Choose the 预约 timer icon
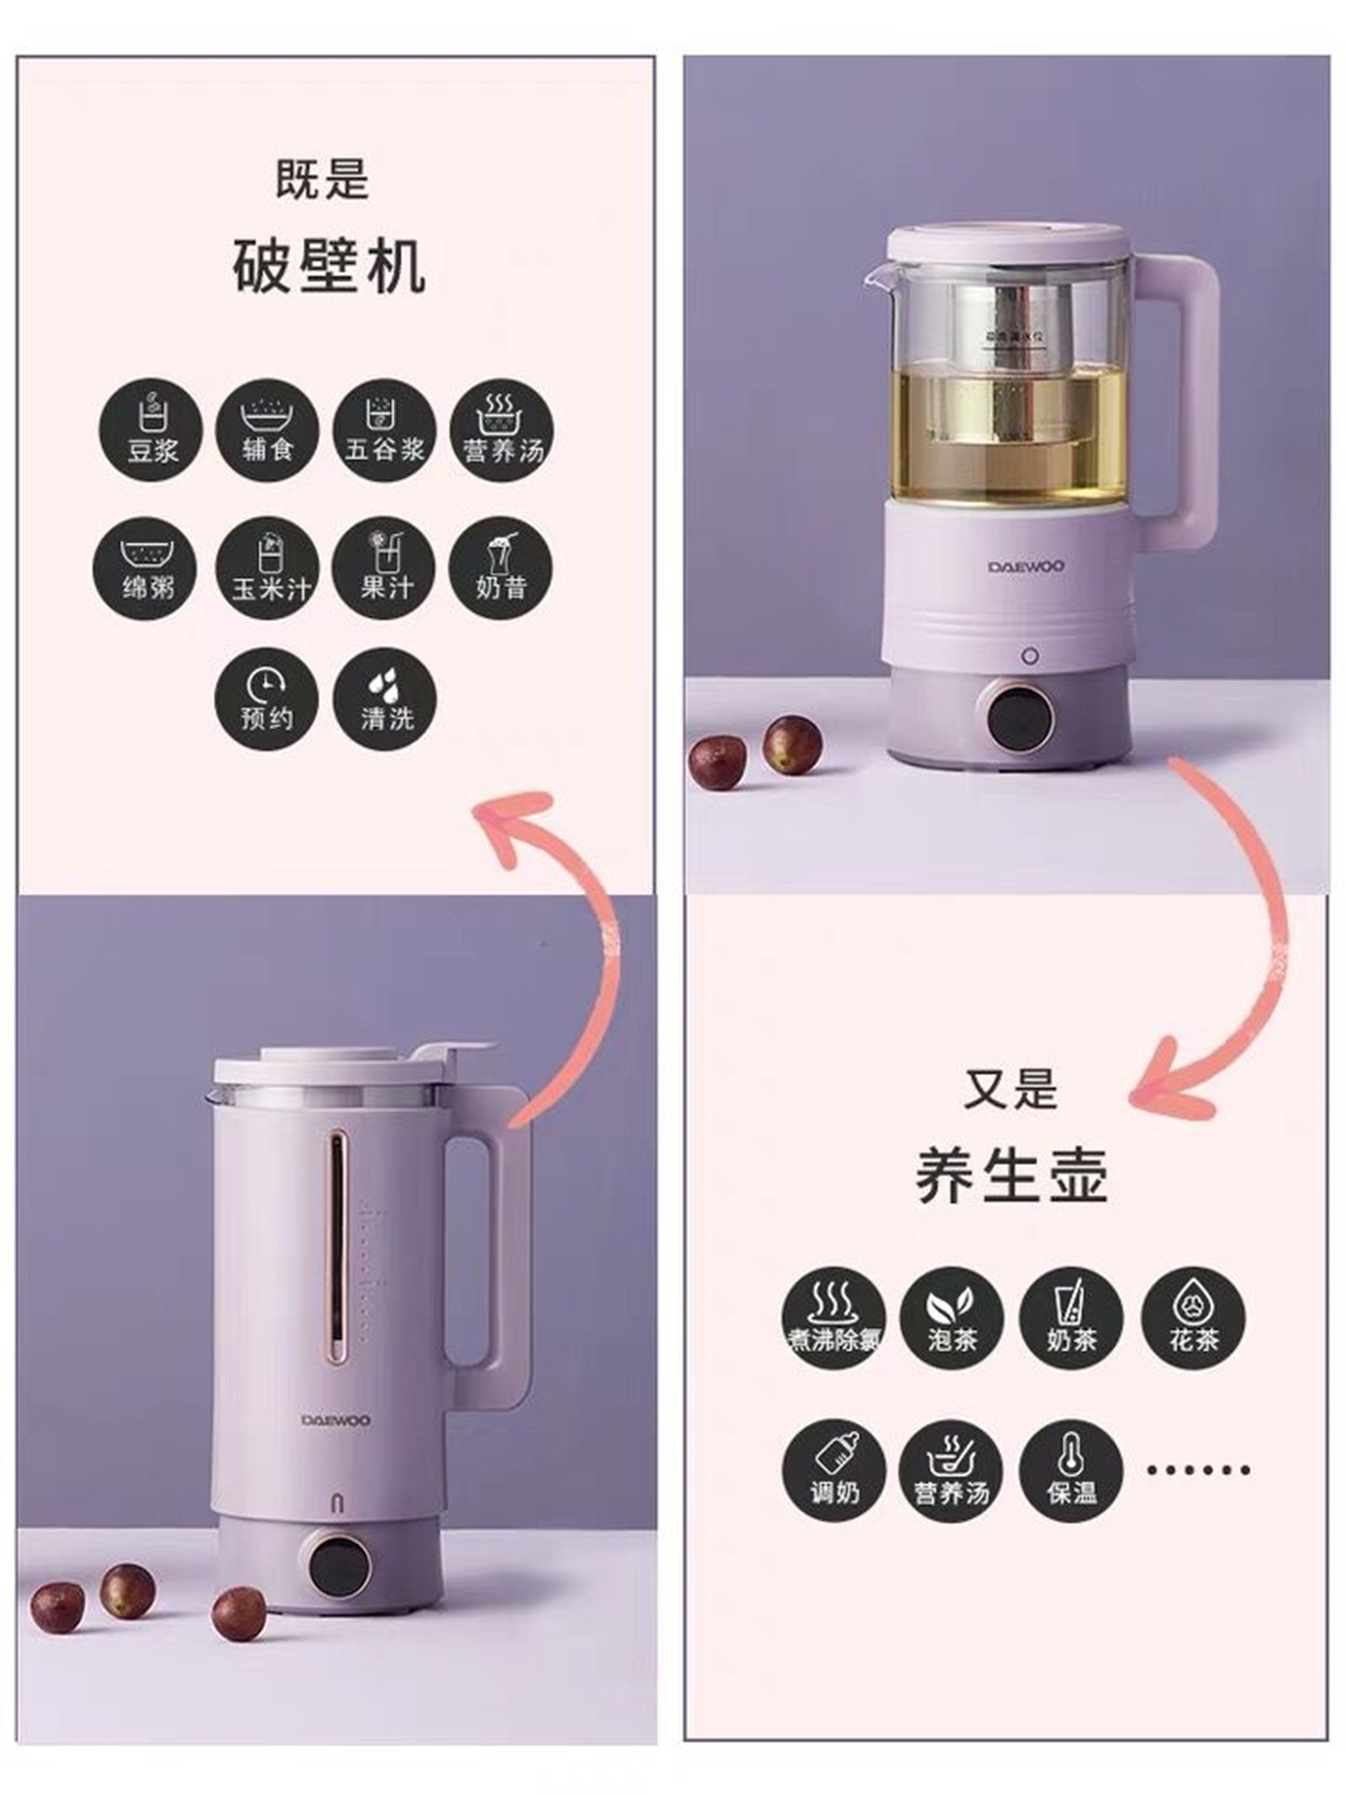pos(265,699)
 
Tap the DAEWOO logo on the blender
pos(336,1420)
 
